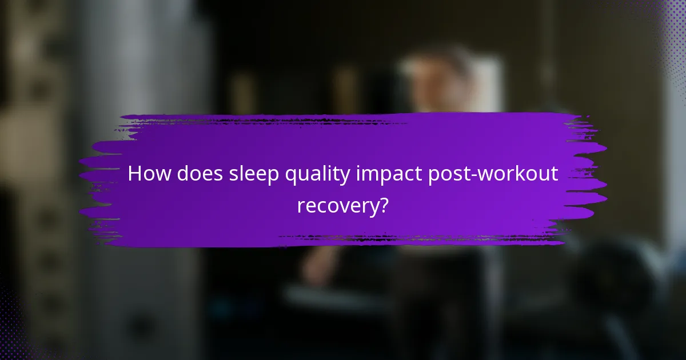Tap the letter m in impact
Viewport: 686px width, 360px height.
point(373,175)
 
